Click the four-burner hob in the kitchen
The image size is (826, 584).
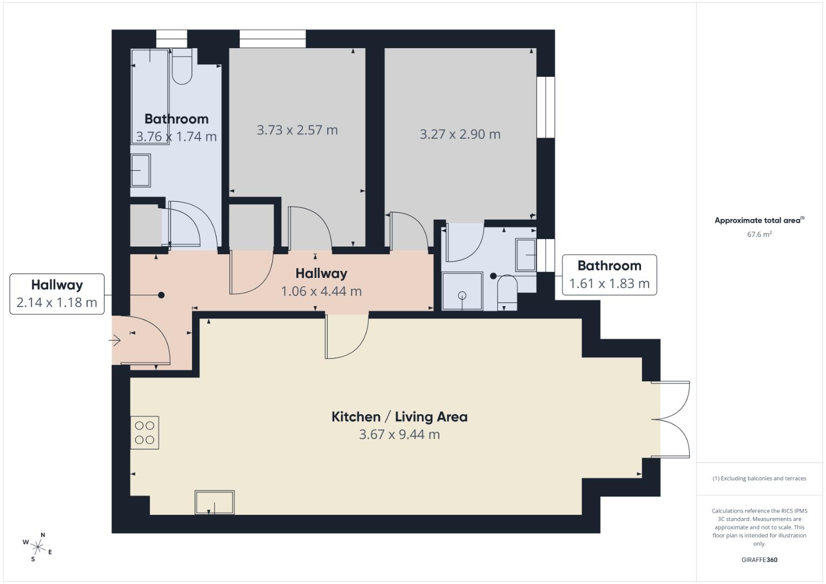(144, 433)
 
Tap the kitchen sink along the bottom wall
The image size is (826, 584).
(215, 502)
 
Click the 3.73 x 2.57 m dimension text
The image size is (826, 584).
(297, 130)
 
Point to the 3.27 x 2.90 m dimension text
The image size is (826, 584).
(460, 134)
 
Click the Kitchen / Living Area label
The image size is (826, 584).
(399, 417)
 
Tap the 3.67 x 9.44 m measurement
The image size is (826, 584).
(399, 435)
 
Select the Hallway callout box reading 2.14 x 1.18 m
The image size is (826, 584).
(57, 294)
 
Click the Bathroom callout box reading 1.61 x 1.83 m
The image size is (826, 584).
(609, 275)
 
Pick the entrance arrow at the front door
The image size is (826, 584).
(115, 341)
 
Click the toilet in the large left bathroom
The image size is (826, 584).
(182, 67)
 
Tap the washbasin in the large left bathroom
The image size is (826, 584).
(141, 170)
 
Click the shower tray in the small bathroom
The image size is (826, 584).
(462, 291)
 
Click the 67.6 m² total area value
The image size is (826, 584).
(759, 235)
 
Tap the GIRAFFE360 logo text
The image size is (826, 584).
(759, 560)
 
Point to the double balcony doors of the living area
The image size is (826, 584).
(671, 420)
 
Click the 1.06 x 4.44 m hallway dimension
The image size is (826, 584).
(321, 291)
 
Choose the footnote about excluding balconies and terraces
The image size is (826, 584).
(759, 479)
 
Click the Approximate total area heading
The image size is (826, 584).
(759, 221)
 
